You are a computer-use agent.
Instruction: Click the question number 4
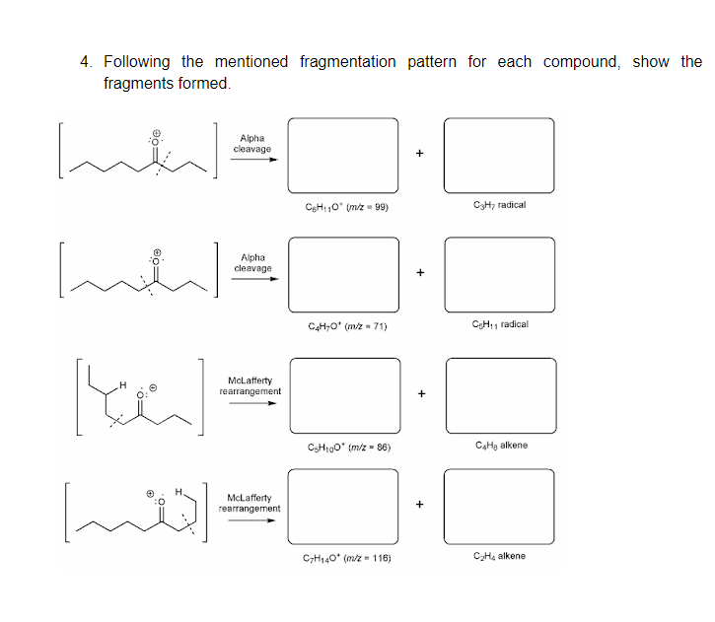click(x=86, y=62)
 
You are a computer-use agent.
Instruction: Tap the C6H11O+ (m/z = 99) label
click(x=342, y=205)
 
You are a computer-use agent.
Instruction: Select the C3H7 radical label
click(x=499, y=205)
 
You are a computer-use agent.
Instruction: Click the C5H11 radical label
click(x=500, y=324)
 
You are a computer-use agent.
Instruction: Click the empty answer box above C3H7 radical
click(x=499, y=155)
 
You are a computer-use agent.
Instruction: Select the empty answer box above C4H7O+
click(x=342, y=274)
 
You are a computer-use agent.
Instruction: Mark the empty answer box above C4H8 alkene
click(x=499, y=394)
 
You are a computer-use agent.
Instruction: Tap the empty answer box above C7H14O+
click(x=343, y=507)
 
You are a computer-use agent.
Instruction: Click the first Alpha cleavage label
click(x=252, y=144)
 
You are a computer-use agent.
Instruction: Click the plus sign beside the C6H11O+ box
click(x=420, y=154)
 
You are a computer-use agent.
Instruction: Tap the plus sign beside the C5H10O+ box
click(x=421, y=394)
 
